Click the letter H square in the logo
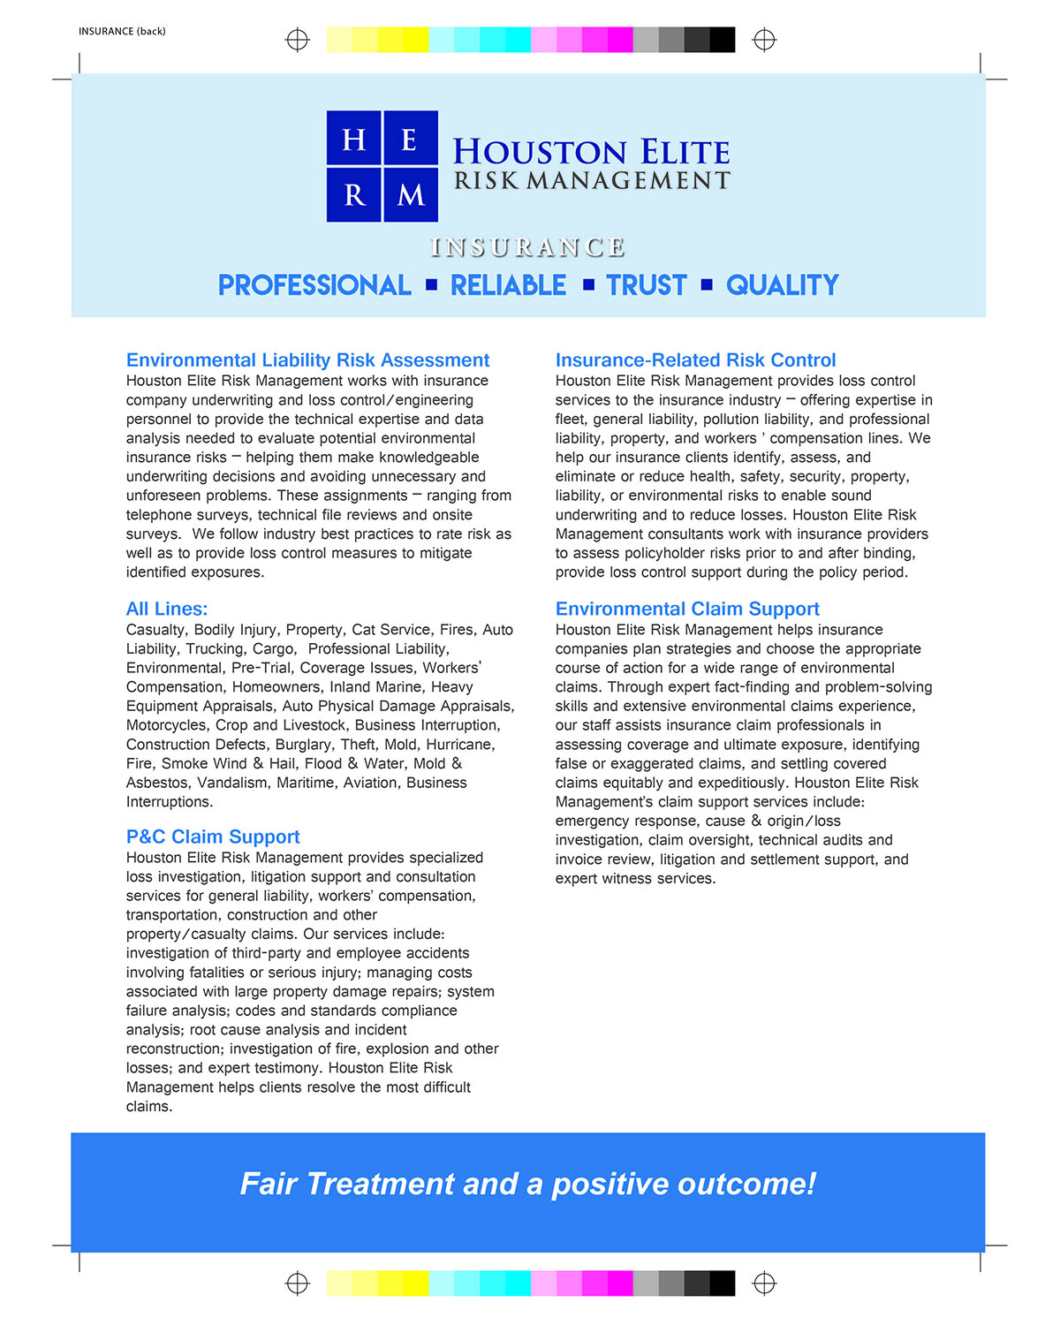(354, 138)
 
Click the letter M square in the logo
(411, 193)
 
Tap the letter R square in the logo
(354, 193)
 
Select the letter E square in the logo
(410, 138)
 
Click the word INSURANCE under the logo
(528, 247)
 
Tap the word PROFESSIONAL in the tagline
(314, 285)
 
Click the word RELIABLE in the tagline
(509, 285)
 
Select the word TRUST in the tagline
(647, 285)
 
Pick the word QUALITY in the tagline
(783, 285)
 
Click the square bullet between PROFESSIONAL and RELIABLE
(431, 284)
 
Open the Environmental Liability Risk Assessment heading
(307, 360)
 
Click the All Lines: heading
(167, 609)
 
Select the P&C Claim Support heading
(213, 837)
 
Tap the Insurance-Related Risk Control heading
(695, 360)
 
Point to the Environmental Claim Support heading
(687, 609)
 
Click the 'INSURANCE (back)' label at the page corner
(122, 31)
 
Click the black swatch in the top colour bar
(722, 40)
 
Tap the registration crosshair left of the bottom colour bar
(298, 1283)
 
